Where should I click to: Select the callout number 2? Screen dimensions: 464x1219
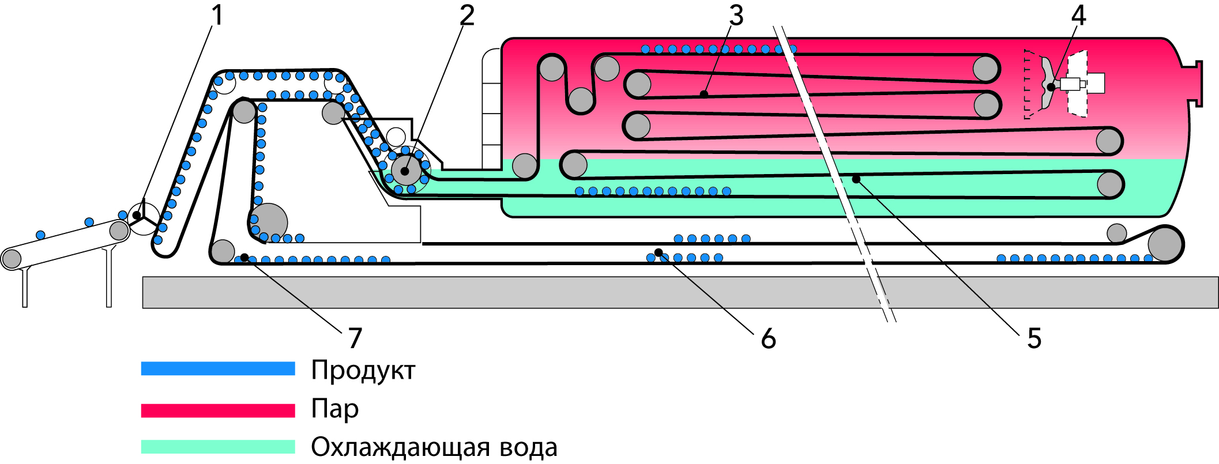point(466,16)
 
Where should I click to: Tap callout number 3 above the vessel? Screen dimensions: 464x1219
point(736,16)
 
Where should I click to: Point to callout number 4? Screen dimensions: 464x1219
point(1078,16)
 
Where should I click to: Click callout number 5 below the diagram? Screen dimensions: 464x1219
point(1034,338)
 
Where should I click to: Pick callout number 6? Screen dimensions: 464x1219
point(768,338)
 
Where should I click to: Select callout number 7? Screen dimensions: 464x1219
point(355,338)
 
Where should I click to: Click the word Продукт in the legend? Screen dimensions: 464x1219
point(363,370)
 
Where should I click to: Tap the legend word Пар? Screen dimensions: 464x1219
point(334,409)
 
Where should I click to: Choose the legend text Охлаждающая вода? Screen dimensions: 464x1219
point(434,447)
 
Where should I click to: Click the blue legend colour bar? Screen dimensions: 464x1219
point(218,368)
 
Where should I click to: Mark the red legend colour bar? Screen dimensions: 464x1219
point(218,410)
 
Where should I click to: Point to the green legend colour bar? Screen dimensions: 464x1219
point(218,447)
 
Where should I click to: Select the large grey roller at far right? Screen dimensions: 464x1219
point(1165,244)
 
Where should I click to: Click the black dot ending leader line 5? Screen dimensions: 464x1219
point(856,179)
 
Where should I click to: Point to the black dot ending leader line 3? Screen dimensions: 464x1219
point(703,94)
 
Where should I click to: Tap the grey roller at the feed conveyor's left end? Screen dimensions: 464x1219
point(11,259)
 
